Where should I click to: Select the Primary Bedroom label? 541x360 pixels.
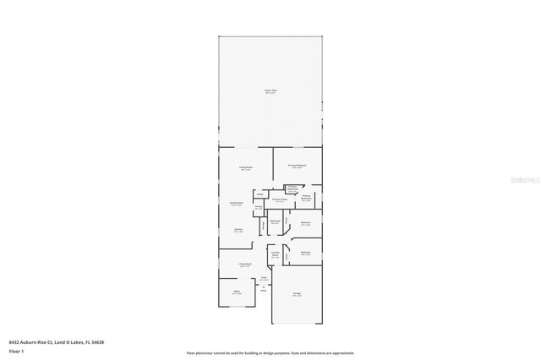click(x=297, y=166)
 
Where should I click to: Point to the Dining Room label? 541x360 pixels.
click(x=238, y=204)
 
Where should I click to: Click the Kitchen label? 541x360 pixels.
click(x=239, y=230)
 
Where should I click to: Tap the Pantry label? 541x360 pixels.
click(x=259, y=207)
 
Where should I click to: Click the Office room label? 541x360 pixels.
click(x=237, y=292)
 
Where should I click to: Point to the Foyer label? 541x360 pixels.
click(x=265, y=277)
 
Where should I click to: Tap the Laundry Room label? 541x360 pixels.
click(x=275, y=254)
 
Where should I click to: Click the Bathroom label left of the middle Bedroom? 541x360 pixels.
click(x=276, y=222)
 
